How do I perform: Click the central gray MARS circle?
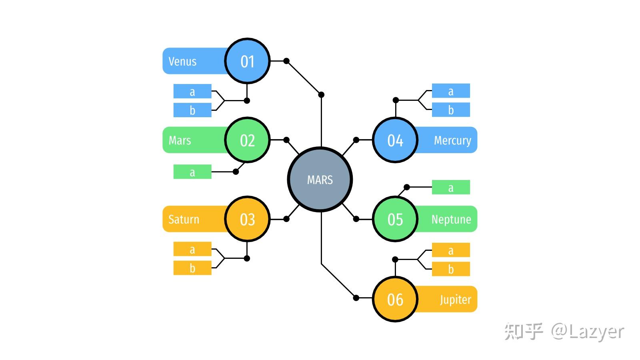pyautogui.click(x=320, y=180)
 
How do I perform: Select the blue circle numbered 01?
pyautogui.click(x=248, y=61)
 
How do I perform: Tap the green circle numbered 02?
pyautogui.click(x=248, y=140)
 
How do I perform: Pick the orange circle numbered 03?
pyautogui.click(x=248, y=219)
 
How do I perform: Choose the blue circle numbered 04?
pyautogui.click(x=396, y=140)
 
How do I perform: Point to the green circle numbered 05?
pyautogui.click(x=396, y=219)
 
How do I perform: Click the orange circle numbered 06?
pyautogui.click(x=396, y=299)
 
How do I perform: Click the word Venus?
pyautogui.click(x=182, y=62)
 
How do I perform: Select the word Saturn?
pyautogui.click(x=184, y=220)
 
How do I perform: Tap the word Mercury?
pyautogui.click(x=452, y=140)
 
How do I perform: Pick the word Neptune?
pyautogui.click(x=451, y=220)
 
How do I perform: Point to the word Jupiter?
pyautogui.click(x=456, y=300)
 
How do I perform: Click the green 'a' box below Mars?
pyautogui.click(x=192, y=172)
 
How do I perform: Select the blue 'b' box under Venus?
pyautogui.click(x=192, y=110)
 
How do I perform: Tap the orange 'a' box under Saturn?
pyautogui.click(x=192, y=249)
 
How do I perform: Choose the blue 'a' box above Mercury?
pyautogui.click(x=451, y=91)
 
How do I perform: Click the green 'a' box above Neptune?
pyautogui.click(x=451, y=187)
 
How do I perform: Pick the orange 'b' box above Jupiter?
pyautogui.click(x=451, y=269)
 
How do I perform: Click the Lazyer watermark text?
pyautogui.click(x=588, y=332)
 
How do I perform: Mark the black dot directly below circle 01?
pyautogui.click(x=247, y=100)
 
